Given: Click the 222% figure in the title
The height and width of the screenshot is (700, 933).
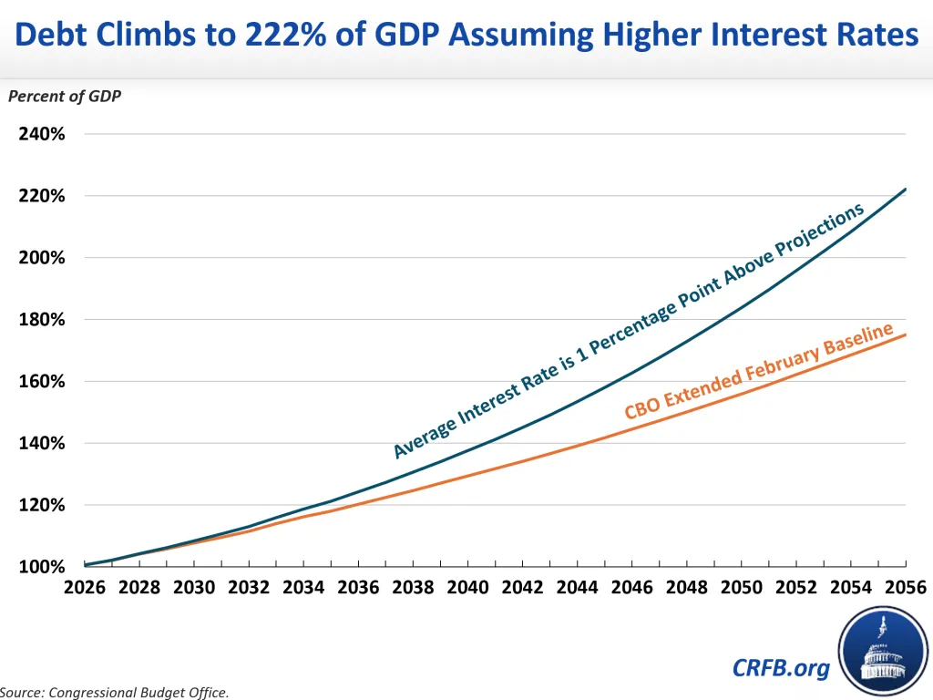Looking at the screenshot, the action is [x=285, y=35].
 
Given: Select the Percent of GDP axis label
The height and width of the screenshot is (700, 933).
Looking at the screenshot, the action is [x=65, y=97].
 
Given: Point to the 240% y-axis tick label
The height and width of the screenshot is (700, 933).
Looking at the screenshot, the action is [x=42, y=134].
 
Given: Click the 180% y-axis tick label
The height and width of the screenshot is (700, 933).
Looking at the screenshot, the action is [x=42, y=320].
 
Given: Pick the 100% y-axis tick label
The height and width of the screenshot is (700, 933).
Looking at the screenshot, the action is [x=42, y=567].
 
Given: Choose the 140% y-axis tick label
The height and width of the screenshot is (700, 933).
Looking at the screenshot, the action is [x=42, y=444].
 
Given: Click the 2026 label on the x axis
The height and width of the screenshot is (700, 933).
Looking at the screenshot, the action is [x=85, y=588].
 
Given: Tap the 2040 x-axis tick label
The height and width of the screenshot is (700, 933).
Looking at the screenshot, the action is [x=467, y=588].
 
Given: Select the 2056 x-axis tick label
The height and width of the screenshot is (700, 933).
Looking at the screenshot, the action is [x=906, y=588].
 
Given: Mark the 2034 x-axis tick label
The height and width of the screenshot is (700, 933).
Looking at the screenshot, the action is [x=303, y=588].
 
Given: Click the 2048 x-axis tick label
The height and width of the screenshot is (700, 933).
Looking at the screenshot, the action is [x=687, y=588].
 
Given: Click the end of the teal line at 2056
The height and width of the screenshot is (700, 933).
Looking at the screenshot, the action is [x=905, y=190].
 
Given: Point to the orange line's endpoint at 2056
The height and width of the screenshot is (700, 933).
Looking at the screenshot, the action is [x=905, y=335].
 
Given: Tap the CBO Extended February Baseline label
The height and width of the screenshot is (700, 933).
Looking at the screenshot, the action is [x=759, y=370].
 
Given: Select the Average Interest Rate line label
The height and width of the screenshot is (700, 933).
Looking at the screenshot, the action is [x=629, y=331].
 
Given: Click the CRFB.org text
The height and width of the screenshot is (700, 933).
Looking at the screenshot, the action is [x=781, y=668].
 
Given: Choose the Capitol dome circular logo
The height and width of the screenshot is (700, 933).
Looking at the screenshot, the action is [x=883, y=651].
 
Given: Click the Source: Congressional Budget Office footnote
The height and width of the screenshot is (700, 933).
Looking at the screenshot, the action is [x=114, y=693].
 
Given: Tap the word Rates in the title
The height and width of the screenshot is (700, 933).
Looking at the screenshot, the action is [x=877, y=35].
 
